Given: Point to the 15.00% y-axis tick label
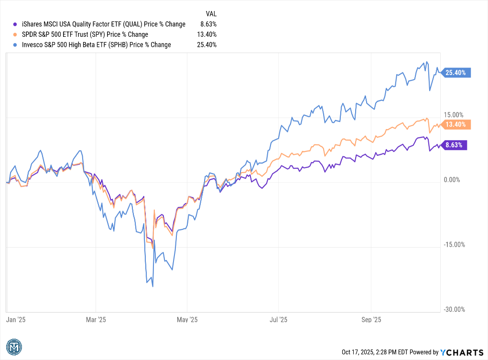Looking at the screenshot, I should click(x=454, y=115).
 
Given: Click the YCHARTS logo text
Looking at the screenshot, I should click(x=462, y=352).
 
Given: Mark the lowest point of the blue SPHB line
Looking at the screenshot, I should click(x=152, y=286).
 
